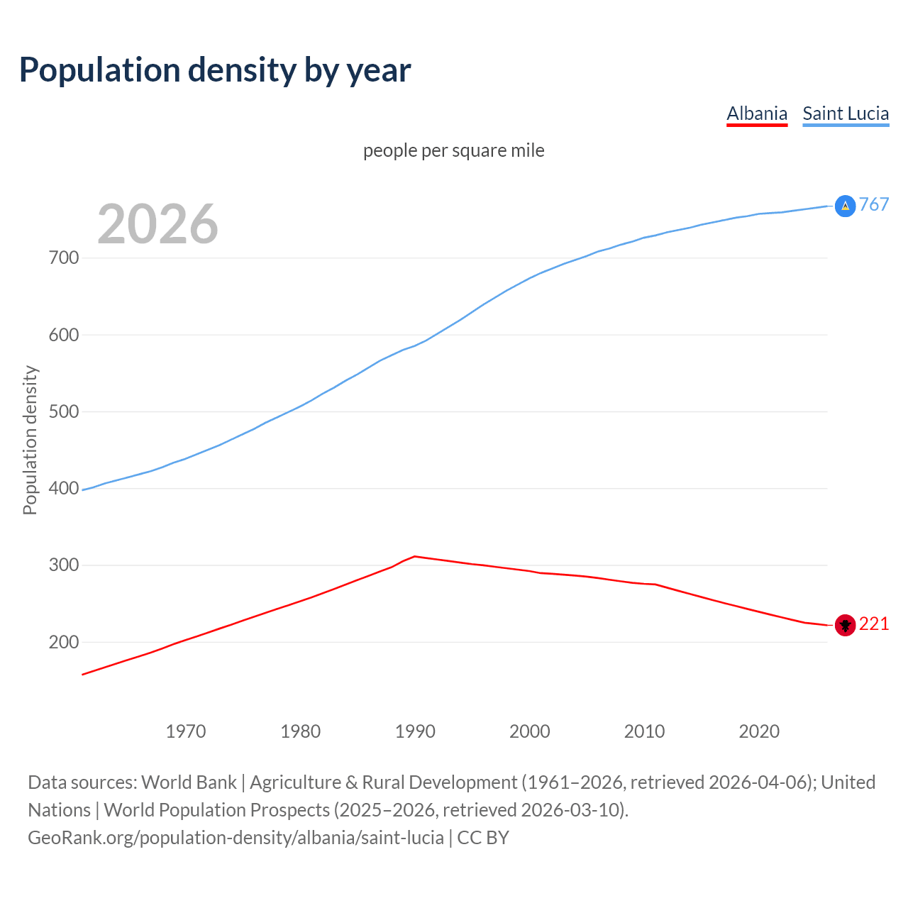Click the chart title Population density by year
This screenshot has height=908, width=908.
pyautogui.click(x=215, y=70)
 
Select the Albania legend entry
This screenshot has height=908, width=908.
pyautogui.click(x=757, y=113)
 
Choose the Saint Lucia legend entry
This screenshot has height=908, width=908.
pyautogui.click(x=846, y=113)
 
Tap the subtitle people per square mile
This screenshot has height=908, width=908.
pyautogui.click(x=453, y=151)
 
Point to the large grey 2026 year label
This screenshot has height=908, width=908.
pyautogui.click(x=157, y=224)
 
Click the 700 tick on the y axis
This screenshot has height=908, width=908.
pyautogui.click(x=64, y=258)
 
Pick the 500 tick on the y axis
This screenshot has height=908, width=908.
pyautogui.click(x=64, y=411)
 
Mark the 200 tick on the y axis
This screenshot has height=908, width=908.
pyautogui.click(x=64, y=642)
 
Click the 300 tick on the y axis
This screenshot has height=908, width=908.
pyautogui.click(x=64, y=565)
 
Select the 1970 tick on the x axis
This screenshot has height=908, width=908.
pyautogui.click(x=186, y=731)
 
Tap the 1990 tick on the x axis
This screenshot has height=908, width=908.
pyautogui.click(x=415, y=731)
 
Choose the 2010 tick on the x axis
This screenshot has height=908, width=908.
pyautogui.click(x=644, y=731)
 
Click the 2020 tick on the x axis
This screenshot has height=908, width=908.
pyautogui.click(x=759, y=731)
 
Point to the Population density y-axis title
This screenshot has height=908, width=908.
pyautogui.click(x=30, y=440)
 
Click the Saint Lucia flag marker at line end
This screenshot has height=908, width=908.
pyautogui.click(x=845, y=206)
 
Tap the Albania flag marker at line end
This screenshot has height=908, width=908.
pyautogui.click(x=845, y=625)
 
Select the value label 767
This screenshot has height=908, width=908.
pyautogui.click(x=874, y=205)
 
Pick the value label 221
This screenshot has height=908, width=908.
pyautogui.click(x=874, y=624)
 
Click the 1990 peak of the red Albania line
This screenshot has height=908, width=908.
pyautogui.click(x=415, y=556)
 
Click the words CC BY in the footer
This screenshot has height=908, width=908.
pyautogui.click(x=483, y=838)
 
